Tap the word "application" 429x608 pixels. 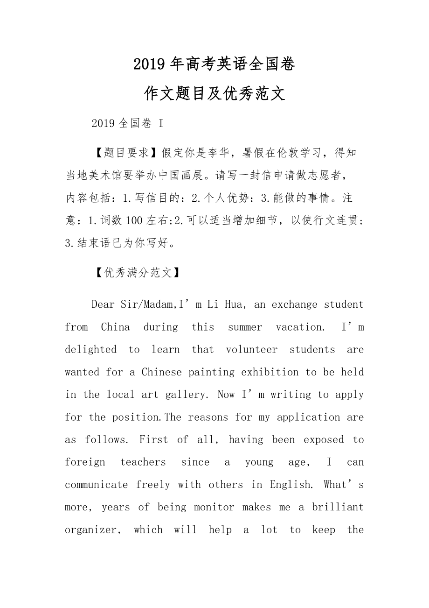pyautogui.click(x=308, y=417)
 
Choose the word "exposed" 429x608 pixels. pyautogui.click(x=323, y=439)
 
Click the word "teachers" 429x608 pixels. pyautogui.click(x=143, y=462)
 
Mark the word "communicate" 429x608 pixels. pyautogui.click(x=96, y=485)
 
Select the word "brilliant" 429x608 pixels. pyautogui.click(x=338, y=507)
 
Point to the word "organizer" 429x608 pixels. pyautogui.click(x=91, y=530)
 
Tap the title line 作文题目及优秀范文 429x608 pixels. pyautogui.click(x=214, y=94)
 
